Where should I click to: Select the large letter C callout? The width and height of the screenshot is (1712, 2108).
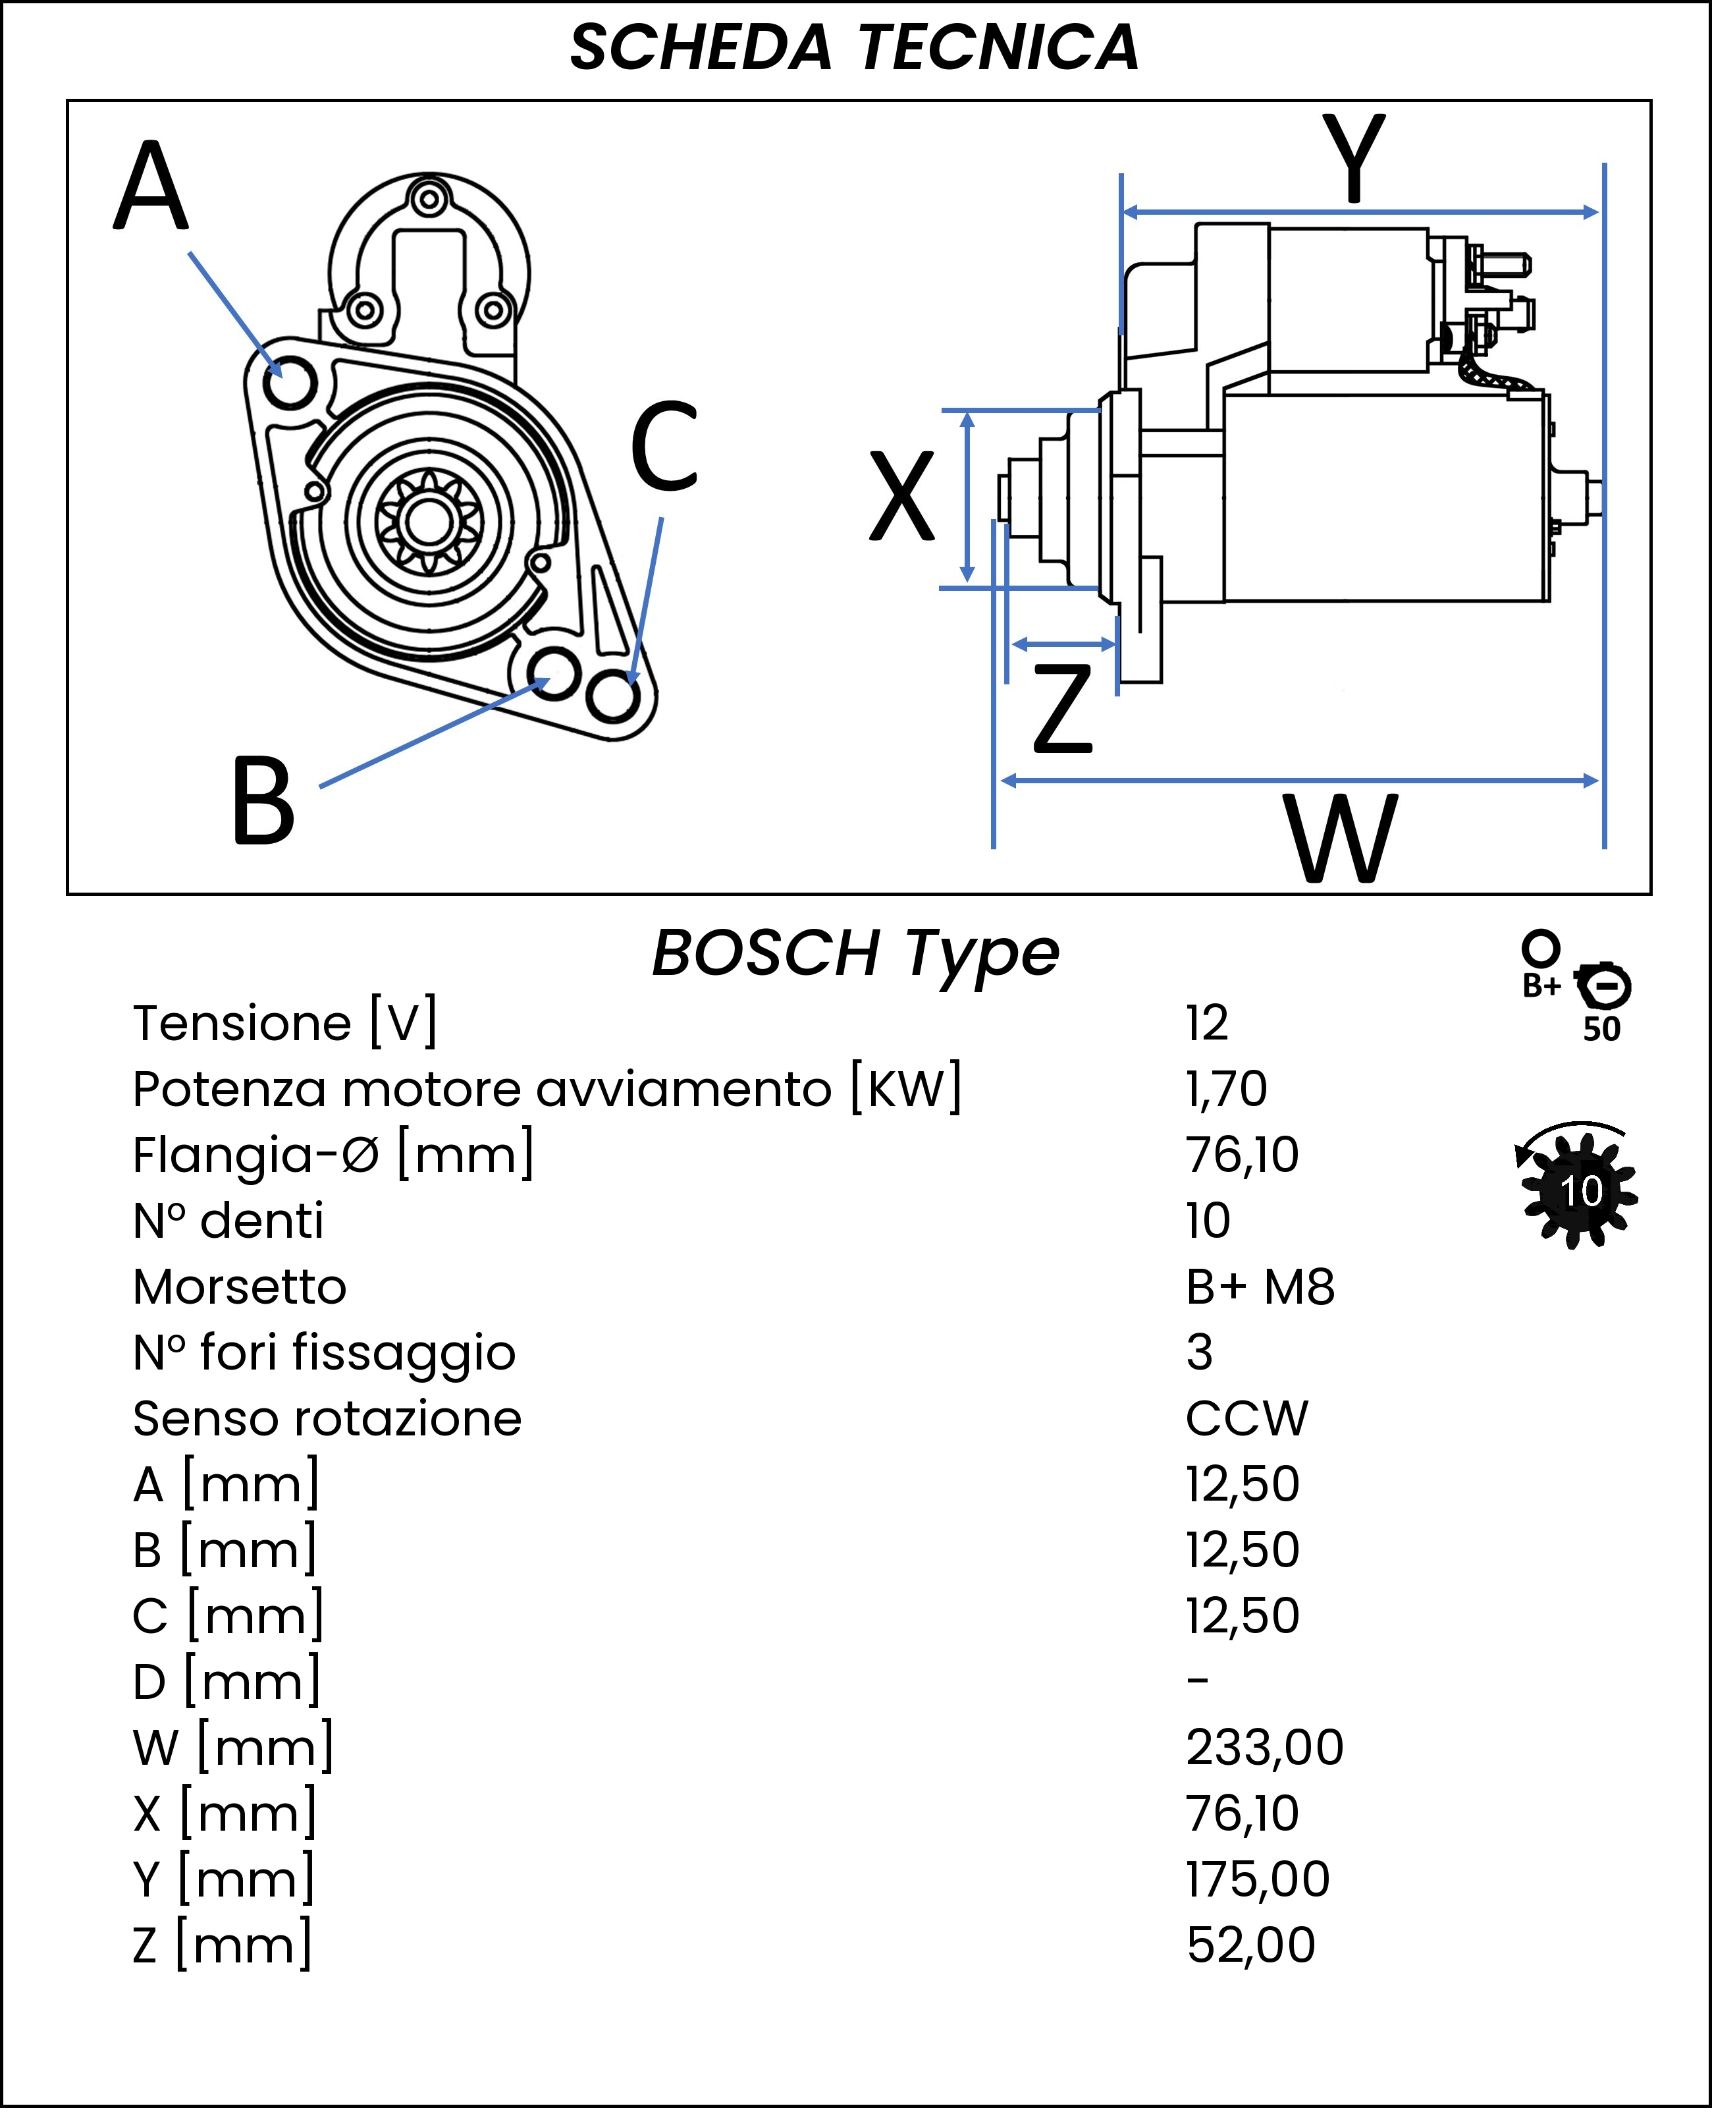click(x=664, y=446)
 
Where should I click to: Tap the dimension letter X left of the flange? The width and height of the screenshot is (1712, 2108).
click(x=901, y=496)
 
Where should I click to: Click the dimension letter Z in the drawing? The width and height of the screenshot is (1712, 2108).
click(x=1063, y=707)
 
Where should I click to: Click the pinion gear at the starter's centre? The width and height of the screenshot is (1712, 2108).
click(x=429, y=521)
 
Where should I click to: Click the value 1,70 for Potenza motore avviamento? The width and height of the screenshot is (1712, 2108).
click(x=1226, y=1089)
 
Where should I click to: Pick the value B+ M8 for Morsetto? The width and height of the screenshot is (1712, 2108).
click(x=1260, y=1287)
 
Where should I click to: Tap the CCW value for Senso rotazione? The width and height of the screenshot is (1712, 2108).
click(x=1246, y=1420)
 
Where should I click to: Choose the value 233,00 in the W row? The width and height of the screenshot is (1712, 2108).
click(x=1264, y=1748)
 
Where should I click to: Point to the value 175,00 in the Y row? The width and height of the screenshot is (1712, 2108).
click(x=1258, y=1880)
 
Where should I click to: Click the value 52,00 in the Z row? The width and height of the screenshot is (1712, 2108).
click(x=1250, y=1945)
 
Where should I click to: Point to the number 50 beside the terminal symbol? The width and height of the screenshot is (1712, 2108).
click(x=1601, y=1029)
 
